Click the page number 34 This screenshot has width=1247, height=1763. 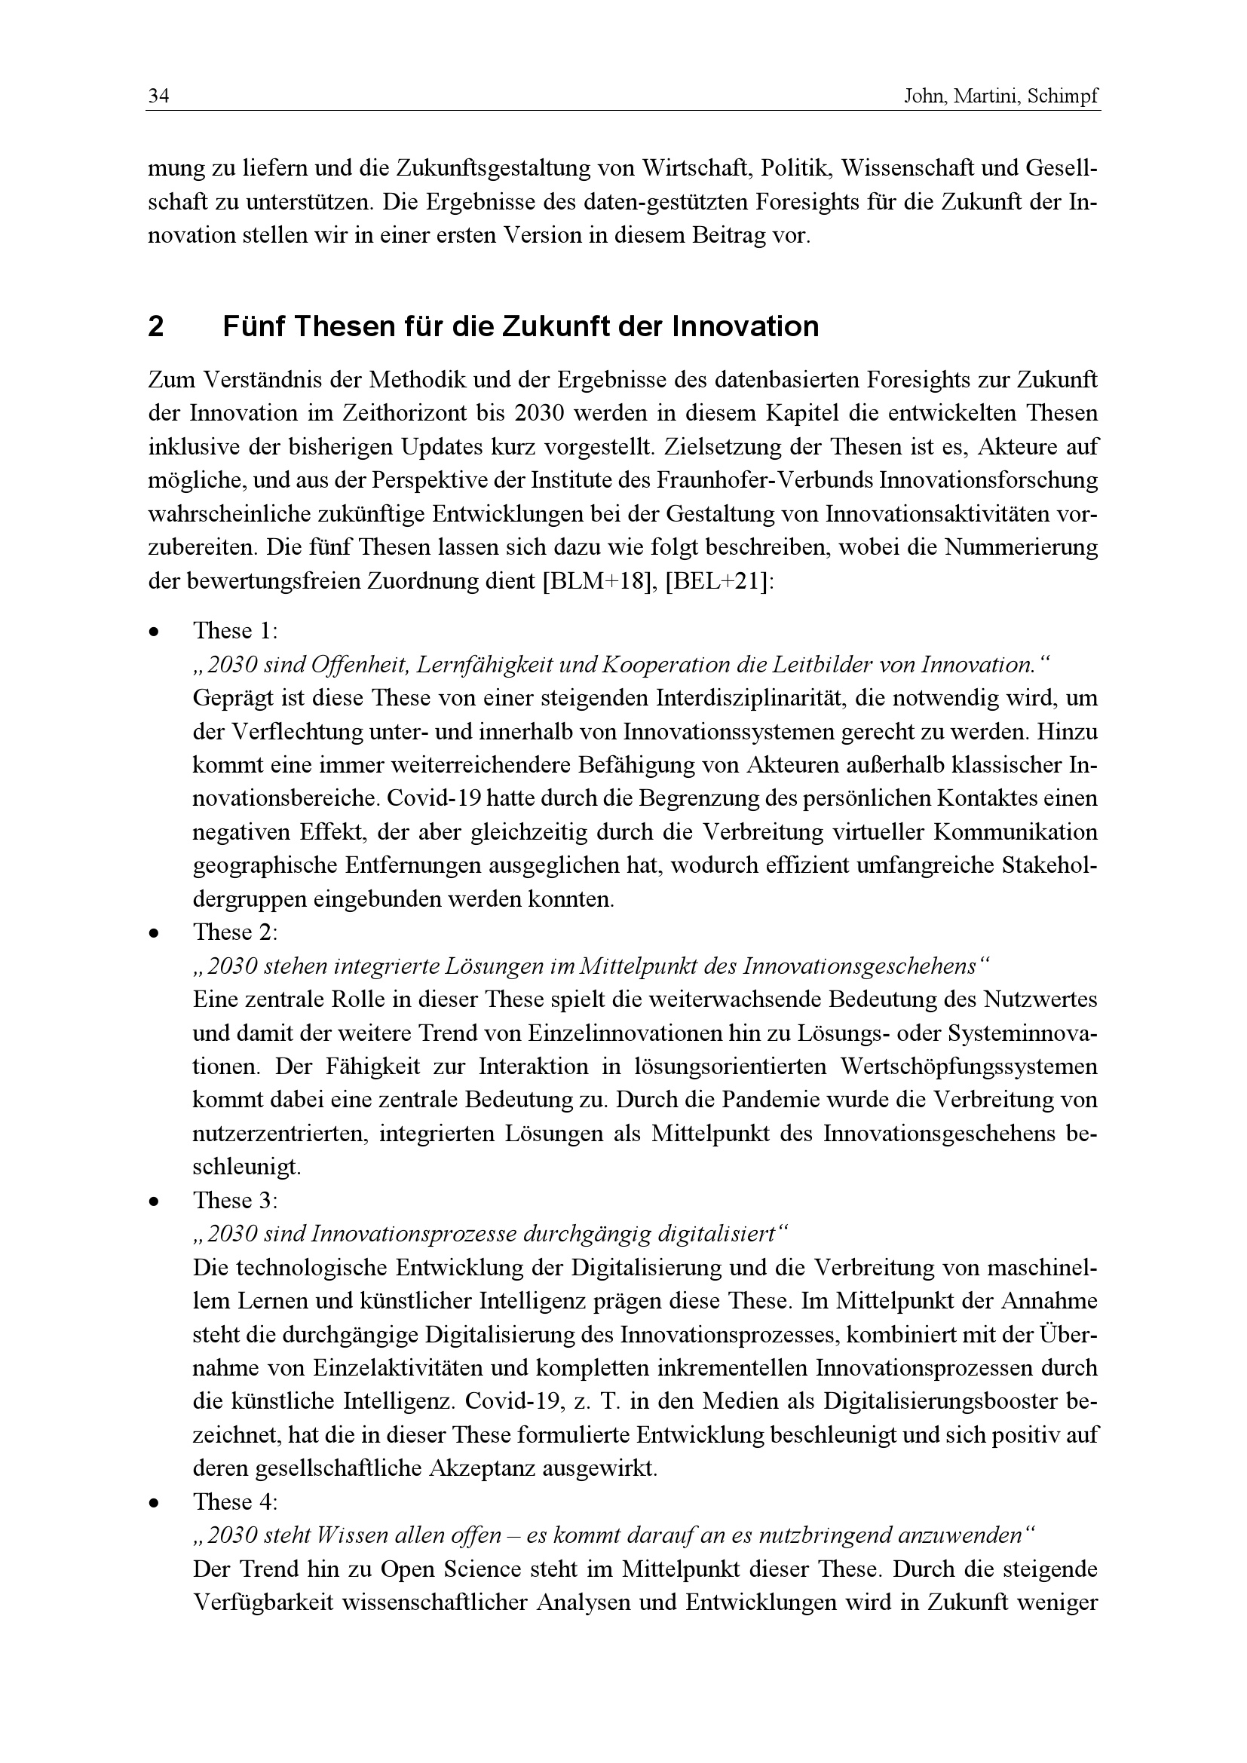click(158, 97)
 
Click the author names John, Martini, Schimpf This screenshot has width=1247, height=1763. click(1001, 97)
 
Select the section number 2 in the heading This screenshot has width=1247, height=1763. click(156, 328)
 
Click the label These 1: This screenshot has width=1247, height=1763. click(235, 631)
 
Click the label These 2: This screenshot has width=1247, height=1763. click(235, 932)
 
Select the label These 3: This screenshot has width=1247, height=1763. click(235, 1201)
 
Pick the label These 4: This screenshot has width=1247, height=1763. click(235, 1502)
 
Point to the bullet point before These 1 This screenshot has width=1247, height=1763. click(155, 632)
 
